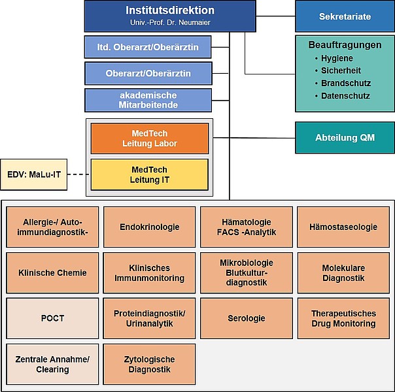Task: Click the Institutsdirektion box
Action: pos(170,16)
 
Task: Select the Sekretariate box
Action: pos(345,16)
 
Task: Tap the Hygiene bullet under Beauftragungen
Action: pos(334,58)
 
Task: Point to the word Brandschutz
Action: pos(346,83)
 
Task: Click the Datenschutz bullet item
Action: pos(343,96)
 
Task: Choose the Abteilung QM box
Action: pos(345,138)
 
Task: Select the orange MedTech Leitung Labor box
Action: pos(150,139)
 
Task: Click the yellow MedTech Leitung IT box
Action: pos(150,174)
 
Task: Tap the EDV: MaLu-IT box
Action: pos(34,174)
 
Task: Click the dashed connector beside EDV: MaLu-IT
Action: pos(78,174)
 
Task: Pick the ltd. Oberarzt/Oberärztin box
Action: pos(148,47)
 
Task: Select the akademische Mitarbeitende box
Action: pos(148,100)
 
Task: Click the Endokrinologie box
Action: pos(149,227)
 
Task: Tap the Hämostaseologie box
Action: pos(343,227)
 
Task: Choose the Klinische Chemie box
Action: pos(52,272)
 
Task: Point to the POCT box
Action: pos(52,318)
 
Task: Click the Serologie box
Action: pos(247,318)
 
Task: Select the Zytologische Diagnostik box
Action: pos(149,364)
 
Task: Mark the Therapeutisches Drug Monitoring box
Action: pos(343,318)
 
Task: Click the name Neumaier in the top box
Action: pos(194,23)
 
